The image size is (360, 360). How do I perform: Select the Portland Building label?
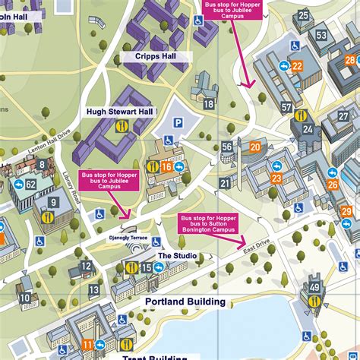[x=185, y=302]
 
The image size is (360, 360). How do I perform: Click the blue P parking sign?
[x=178, y=121]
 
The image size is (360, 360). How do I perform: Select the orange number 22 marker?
[x=297, y=66]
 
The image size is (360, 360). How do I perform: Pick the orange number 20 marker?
[x=255, y=147]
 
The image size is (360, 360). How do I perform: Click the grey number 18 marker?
[x=208, y=103]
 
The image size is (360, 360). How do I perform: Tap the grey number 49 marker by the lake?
[x=314, y=287]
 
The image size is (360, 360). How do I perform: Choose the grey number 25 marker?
[x=304, y=15]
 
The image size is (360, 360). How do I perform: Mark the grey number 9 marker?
[x=54, y=202]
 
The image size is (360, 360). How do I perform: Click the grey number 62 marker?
[x=31, y=185]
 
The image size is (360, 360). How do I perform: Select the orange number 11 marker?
[x=87, y=343]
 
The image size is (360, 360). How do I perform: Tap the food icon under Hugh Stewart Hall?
[x=120, y=128]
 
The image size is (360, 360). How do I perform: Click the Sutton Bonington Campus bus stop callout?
[x=207, y=223]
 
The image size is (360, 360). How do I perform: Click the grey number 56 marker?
[x=227, y=147]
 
